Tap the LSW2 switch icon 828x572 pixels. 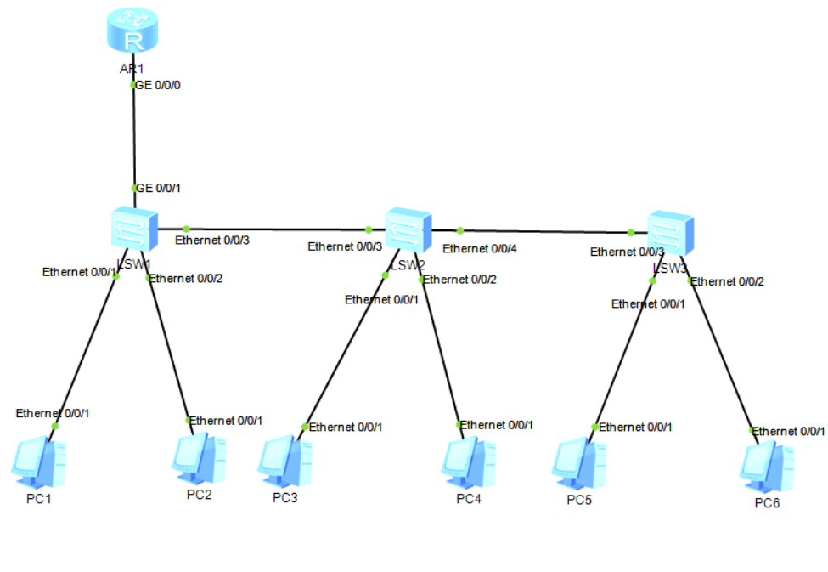[x=408, y=229]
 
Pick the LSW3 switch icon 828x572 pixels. [x=670, y=232]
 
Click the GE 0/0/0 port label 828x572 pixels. [x=159, y=86]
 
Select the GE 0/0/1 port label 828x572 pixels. [x=159, y=188]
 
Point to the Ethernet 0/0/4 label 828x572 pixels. [x=480, y=249]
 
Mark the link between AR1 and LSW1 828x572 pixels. [x=133, y=136]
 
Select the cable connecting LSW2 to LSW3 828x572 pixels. [x=544, y=231]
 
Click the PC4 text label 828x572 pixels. [x=468, y=499]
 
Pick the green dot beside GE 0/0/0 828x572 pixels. [x=133, y=85]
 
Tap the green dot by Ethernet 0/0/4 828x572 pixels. [x=460, y=230]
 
